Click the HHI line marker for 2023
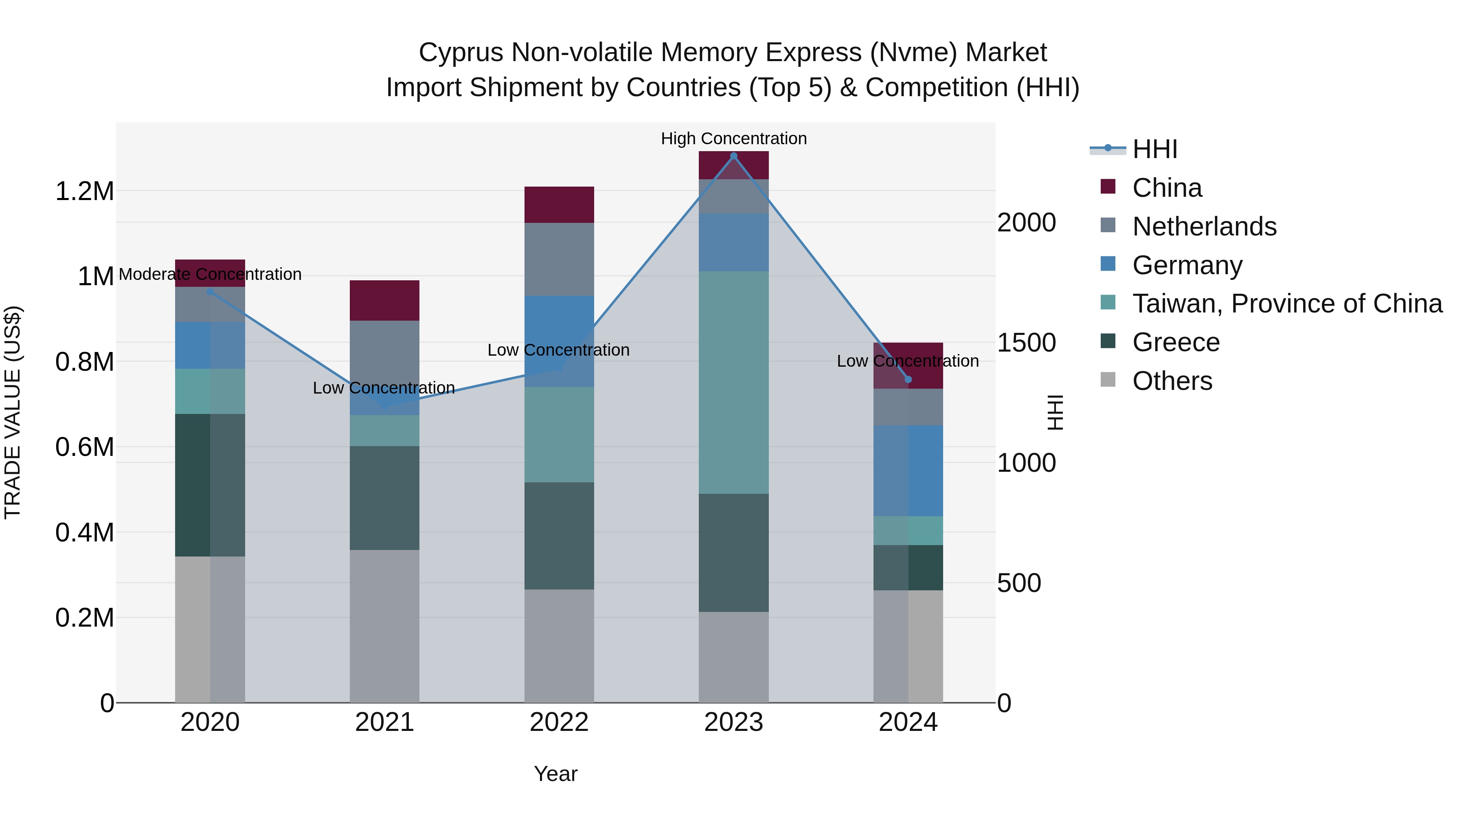click(733, 156)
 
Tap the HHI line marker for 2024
click(908, 380)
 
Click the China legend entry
click(1167, 188)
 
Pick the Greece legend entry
click(1176, 342)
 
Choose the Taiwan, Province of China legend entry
click(1287, 304)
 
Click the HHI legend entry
click(1155, 149)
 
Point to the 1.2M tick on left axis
click(84, 191)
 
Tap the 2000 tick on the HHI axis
click(1026, 222)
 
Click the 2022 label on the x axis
click(559, 722)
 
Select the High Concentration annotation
click(733, 139)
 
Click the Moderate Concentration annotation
click(210, 275)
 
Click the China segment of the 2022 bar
click(559, 205)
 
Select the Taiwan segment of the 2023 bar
click(733, 383)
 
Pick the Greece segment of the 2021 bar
click(384, 498)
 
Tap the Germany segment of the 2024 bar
click(908, 471)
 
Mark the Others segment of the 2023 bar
click(733, 658)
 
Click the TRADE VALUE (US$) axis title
click(13, 412)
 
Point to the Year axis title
click(555, 774)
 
